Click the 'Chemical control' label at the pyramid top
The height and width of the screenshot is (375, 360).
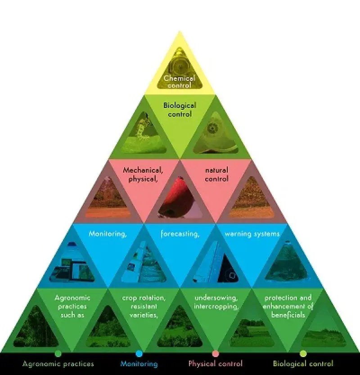point(180,81)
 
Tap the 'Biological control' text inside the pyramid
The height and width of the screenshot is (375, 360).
point(180,109)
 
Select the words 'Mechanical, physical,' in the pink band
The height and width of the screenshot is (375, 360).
point(143,174)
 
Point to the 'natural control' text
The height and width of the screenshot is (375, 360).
point(216,174)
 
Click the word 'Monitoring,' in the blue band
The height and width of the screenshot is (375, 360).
point(108,234)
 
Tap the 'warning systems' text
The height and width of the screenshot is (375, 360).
point(252,234)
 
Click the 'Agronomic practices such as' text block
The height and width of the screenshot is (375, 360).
point(72,306)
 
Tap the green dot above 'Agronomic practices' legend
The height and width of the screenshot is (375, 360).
point(58,353)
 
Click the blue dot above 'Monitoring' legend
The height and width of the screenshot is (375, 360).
point(139,353)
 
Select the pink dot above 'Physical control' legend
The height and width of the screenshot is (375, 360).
point(215,353)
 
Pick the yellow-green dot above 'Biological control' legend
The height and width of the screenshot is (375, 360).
point(303,353)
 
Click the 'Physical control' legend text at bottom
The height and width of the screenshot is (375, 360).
point(215,363)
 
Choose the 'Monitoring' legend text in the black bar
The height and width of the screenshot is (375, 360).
point(139,363)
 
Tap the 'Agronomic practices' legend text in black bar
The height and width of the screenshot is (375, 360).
point(58,363)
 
